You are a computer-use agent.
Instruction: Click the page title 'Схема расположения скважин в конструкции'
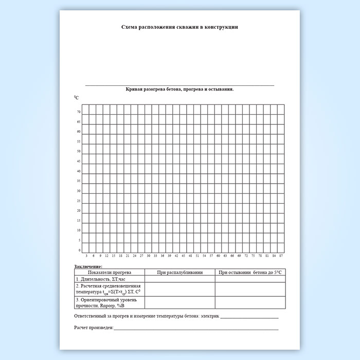(179, 27)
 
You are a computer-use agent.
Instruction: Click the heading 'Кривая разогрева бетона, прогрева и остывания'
(179, 89)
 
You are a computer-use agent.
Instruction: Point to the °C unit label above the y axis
(76, 97)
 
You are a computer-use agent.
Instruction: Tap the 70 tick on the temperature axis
(79, 112)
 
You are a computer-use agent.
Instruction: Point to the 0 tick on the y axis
(79, 250)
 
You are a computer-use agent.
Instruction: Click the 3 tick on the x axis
(86, 256)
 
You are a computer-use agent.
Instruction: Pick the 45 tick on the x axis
(184, 256)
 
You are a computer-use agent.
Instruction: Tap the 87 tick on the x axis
(281, 256)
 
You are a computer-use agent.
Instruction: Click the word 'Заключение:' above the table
(88, 266)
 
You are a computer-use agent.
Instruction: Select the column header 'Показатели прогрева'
(109, 272)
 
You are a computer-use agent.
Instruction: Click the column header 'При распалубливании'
(179, 272)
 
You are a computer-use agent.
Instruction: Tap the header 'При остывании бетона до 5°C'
(250, 272)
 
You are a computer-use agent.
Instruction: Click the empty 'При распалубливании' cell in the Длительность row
(179, 279)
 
